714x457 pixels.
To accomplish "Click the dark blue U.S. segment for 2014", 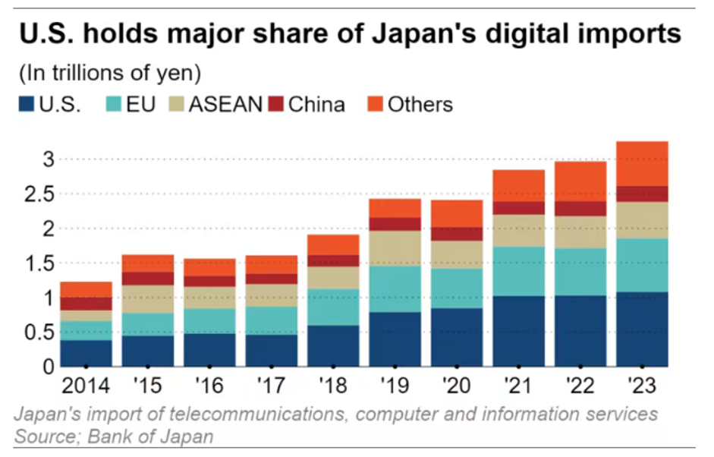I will point(86,353).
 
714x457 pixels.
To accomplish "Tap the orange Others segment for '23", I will point(642,163).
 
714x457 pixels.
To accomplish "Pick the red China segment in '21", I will point(518,208).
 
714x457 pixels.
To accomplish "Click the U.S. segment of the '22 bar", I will point(580,331).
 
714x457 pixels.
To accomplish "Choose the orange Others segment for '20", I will point(455,213).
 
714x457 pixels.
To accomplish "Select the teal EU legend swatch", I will point(112,104).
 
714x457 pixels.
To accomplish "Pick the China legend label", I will point(316,104).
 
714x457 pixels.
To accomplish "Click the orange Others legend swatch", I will point(374,104).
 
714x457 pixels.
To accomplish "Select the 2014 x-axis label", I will point(84,386).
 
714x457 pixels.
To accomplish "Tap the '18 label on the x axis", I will point(334,386).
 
